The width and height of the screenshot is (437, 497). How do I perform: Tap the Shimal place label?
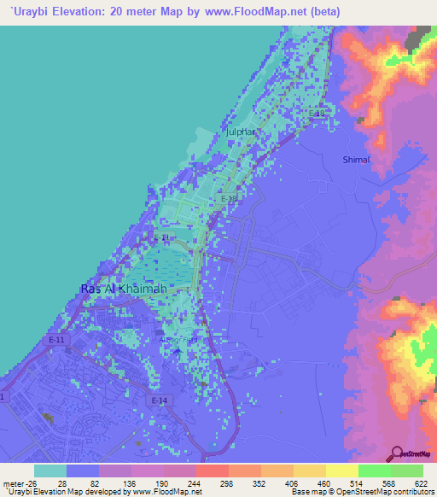[356, 160]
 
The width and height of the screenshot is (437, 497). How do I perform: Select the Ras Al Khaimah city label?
[123, 289]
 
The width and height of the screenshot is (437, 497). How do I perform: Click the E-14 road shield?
[158, 401]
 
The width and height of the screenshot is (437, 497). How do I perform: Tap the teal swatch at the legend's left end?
[50, 471]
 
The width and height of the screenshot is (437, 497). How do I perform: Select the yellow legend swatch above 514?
[341, 471]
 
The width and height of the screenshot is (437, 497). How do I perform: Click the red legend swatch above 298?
[212, 471]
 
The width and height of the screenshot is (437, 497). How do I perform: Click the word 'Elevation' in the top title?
[87, 12]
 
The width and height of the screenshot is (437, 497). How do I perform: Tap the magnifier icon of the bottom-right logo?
[396, 453]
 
